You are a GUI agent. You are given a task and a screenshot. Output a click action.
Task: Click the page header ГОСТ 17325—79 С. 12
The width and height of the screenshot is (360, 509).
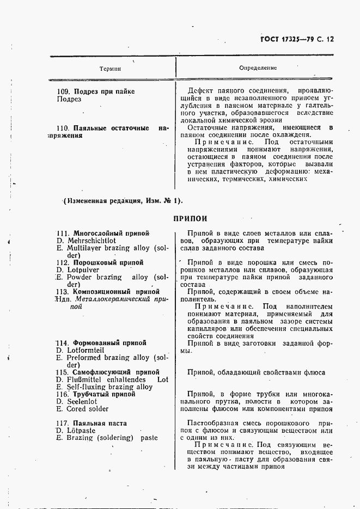[298, 39]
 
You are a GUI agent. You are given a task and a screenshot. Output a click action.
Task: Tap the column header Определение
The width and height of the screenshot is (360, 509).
[258, 68]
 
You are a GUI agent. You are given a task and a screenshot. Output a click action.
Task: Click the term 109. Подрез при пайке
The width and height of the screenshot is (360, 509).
[96, 91]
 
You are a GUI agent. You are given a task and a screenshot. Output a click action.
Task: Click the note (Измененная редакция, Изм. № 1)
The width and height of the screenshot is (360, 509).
[123, 201]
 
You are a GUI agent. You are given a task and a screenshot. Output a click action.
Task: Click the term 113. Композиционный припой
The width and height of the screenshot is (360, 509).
[108, 291]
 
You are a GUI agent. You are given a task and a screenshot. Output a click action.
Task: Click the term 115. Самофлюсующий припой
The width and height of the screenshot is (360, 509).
[107, 372]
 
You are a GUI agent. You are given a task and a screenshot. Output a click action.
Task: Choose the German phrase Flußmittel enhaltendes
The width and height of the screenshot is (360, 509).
[103, 380]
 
